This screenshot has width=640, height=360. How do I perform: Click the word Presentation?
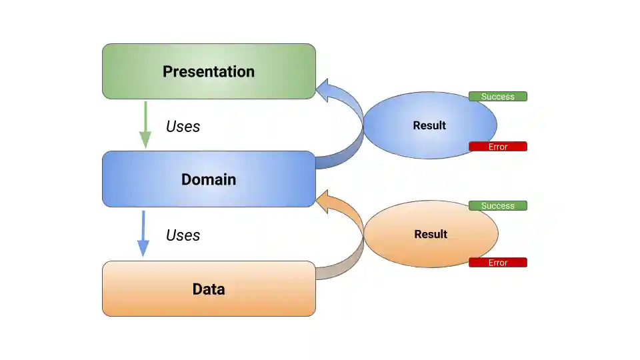click(x=208, y=71)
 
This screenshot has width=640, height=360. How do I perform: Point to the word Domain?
click(x=208, y=179)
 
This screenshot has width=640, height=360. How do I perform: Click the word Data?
click(x=208, y=289)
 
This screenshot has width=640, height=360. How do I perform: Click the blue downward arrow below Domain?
click(x=143, y=234)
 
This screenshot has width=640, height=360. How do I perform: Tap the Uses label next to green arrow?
click(x=183, y=126)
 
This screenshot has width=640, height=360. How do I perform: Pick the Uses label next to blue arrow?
click(x=183, y=235)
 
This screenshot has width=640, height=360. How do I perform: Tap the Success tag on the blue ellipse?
click(x=497, y=97)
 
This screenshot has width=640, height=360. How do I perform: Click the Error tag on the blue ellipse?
click(x=497, y=147)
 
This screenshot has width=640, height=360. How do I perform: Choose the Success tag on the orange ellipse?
click(x=497, y=206)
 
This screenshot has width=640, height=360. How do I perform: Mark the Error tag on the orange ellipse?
click(x=497, y=263)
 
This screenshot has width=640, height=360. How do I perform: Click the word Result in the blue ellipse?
click(x=429, y=125)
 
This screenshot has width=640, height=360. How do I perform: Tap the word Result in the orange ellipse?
click(x=431, y=234)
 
